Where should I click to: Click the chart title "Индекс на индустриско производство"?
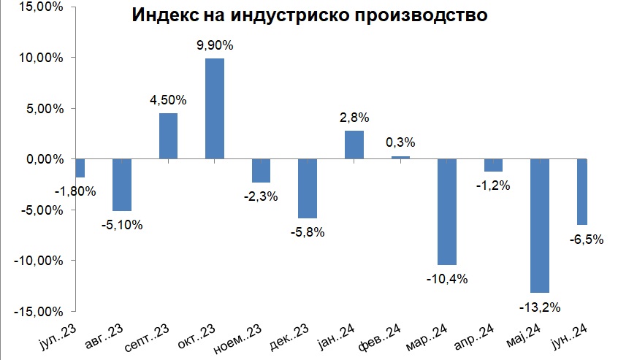[309, 16]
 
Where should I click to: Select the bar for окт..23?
[215, 108]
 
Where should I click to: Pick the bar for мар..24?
[447, 212]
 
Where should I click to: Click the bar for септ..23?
[168, 136]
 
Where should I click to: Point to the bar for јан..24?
[354, 145]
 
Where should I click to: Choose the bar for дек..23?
[308, 188]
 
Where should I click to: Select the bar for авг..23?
[121, 185]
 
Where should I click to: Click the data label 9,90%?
[215, 46]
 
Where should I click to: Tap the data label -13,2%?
[540, 307]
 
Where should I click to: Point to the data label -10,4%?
[447, 278]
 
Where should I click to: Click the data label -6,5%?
[586, 238]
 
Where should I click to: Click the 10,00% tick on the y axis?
[42, 58]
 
